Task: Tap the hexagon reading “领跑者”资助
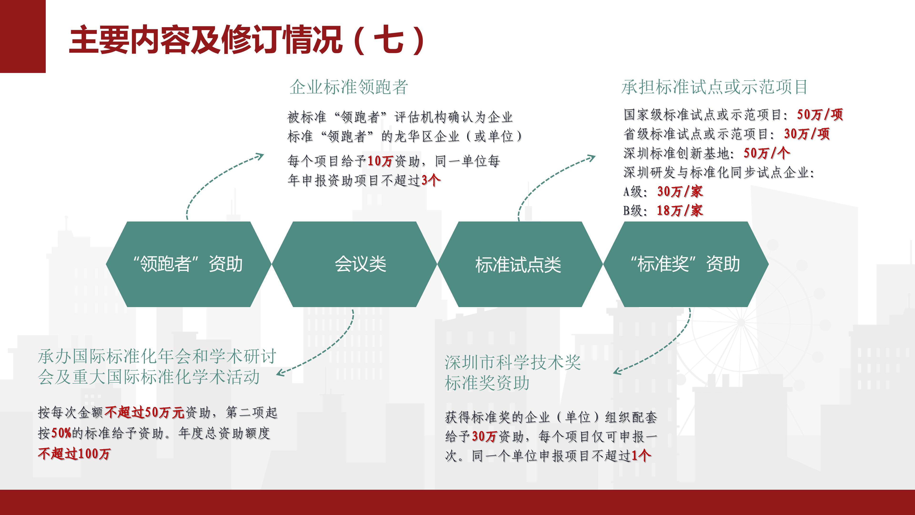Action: point(188,264)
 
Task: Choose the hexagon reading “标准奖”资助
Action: point(686,264)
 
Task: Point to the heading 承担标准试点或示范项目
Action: point(715,87)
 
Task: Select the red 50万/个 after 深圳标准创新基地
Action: point(767,153)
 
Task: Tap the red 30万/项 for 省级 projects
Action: point(807,134)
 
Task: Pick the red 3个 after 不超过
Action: point(431,180)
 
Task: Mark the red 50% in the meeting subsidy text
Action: point(62,433)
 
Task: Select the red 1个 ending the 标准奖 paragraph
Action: point(641,456)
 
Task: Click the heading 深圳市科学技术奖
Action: point(513,362)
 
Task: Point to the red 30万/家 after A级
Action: point(680,191)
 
